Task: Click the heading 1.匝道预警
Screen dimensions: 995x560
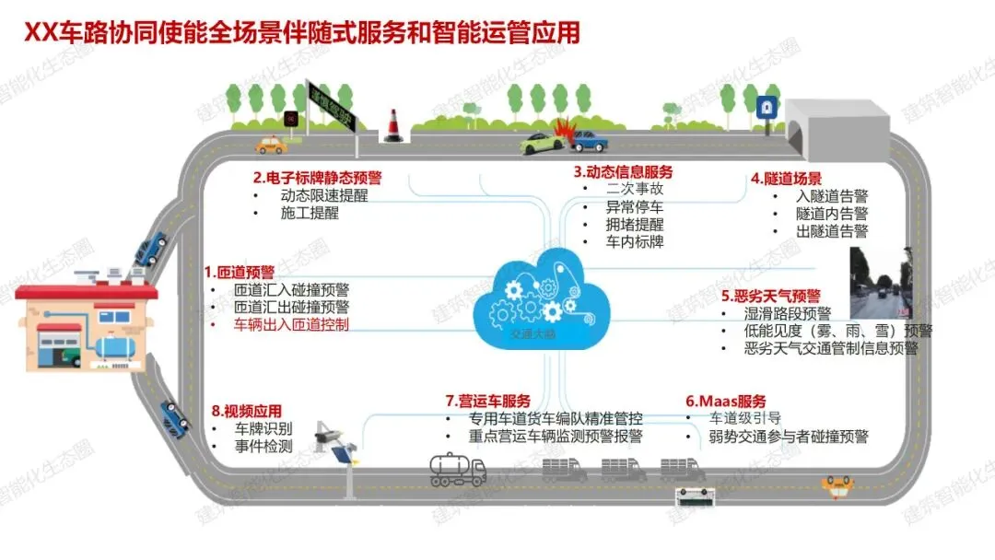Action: tap(240, 272)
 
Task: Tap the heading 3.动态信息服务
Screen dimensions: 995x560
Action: tap(623, 171)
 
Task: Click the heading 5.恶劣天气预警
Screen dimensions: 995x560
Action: tap(770, 296)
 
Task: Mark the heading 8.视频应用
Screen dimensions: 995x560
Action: tap(246, 412)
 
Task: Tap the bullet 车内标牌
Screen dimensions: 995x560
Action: tap(635, 242)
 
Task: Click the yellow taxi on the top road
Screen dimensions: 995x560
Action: tap(271, 144)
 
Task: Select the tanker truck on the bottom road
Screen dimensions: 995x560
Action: tap(458, 471)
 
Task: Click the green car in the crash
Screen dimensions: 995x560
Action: tap(538, 142)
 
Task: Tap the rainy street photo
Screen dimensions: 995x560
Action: tap(882, 282)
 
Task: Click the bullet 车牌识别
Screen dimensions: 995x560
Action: tap(264, 429)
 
